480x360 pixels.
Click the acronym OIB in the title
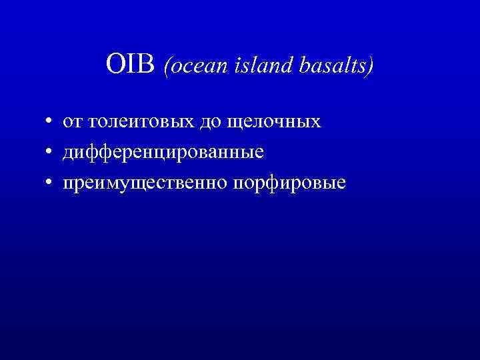point(131,65)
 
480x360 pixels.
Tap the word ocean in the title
point(194,66)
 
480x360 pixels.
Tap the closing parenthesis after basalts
point(371,66)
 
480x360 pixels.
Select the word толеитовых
point(133,123)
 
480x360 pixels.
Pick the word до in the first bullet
point(199,123)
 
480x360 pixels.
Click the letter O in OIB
point(115,65)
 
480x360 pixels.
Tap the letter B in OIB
point(149,65)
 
